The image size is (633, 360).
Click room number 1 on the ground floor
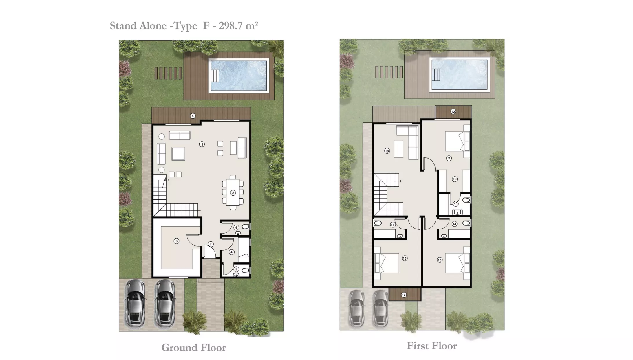coord(202,144)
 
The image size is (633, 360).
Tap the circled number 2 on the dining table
coord(233,193)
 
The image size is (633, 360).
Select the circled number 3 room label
coord(176,241)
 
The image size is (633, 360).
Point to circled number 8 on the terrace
coord(193,116)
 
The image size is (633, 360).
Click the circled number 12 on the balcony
coord(453,111)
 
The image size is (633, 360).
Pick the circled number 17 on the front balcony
coord(404,295)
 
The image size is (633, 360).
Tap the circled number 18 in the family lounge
coord(387,151)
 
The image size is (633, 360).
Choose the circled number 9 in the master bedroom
coord(449,158)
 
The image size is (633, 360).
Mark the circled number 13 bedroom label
coord(440,260)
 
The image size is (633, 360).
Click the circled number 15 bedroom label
coord(405,258)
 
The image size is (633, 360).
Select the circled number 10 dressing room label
coord(455,179)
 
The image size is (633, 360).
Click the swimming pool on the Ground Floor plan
coord(239,76)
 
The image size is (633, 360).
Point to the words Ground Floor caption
coord(193,347)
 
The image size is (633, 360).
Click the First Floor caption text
coord(432,346)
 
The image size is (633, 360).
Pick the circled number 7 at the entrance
coord(211,244)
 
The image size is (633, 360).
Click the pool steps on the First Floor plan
coord(436,75)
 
